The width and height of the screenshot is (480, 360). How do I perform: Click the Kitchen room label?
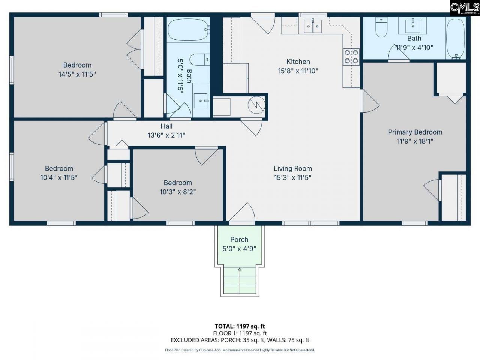coord(298,62)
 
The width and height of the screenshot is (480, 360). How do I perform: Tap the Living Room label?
coord(292,169)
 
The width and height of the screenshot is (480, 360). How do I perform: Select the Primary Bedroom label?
coord(415,132)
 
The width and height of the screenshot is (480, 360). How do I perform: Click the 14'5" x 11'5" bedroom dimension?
coord(77,74)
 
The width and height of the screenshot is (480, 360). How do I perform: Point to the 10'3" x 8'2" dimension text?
coord(178,192)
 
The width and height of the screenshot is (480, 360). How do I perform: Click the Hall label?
coord(166,126)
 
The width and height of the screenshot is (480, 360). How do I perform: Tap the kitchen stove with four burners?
coord(351,57)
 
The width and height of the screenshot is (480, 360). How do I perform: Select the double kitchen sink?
coord(313,26)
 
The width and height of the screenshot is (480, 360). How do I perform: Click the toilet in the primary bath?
coord(381,28)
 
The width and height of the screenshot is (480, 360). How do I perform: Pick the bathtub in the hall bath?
coord(188,30)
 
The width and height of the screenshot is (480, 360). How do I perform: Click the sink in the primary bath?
coord(414,25)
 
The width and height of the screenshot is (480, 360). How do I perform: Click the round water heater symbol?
coord(258,105)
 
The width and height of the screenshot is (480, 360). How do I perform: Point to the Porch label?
coord(239,239)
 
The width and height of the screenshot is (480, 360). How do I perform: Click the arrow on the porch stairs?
coord(240,269)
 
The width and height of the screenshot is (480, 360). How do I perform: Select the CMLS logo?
coord(465,8)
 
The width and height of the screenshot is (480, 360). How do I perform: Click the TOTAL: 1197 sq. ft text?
coord(240,326)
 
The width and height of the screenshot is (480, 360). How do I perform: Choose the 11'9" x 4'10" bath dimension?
coord(414,48)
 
